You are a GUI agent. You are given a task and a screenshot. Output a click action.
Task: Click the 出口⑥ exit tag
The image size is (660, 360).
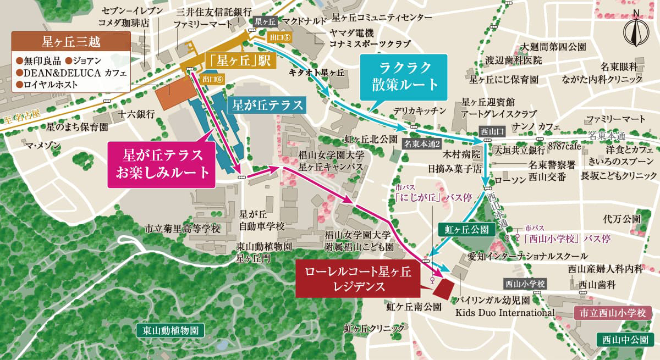tap(213, 79)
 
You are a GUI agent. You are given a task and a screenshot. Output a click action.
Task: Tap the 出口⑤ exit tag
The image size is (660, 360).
tap(279, 37)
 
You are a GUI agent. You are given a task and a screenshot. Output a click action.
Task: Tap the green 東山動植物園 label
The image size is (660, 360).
tap(170, 330)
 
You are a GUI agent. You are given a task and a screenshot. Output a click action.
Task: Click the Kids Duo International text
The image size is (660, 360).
tap(504, 313)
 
